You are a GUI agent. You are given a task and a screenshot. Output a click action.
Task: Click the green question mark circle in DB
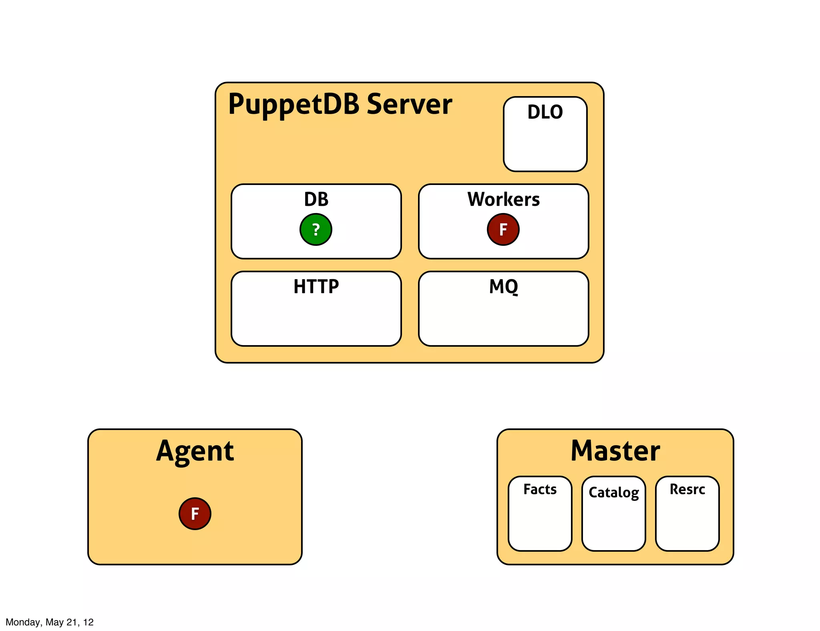pyautogui.click(x=316, y=229)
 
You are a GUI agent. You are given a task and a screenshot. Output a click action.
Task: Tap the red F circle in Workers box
pyautogui.click(x=503, y=229)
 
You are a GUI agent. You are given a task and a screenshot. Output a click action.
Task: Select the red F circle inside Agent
pyautogui.click(x=195, y=514)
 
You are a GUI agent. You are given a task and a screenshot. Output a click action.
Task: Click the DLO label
pyautogui.click(x=545, y=112)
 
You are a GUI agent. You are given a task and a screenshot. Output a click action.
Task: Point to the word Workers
pyautogui.click(x=503, y=199)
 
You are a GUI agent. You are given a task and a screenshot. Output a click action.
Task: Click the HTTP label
pyautogui.click(x=316, y=287)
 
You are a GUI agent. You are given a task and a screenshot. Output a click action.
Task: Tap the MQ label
pyautogui.click(x=503, y=287)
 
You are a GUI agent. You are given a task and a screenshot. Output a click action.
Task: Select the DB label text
pyautogui.click(x=316, y=199)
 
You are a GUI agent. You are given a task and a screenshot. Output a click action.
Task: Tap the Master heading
pyautogui.click(x=615, y=451)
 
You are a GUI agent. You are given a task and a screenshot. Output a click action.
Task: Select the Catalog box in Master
pyautogui.click(x=613, y=524)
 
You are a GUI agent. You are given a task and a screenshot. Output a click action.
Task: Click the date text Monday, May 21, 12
pyautogui.click(x=49, y=622)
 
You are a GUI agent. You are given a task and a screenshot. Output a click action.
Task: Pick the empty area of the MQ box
pyautogui.click(x=503, y=320)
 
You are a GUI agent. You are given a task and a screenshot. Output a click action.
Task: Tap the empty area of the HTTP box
pyautogui.click(x=316, y=320)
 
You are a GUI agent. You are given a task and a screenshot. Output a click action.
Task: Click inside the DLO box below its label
pyautogui.click(x=545, y=146)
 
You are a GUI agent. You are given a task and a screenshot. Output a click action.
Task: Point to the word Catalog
pyautogui.click(x=613, y=492)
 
